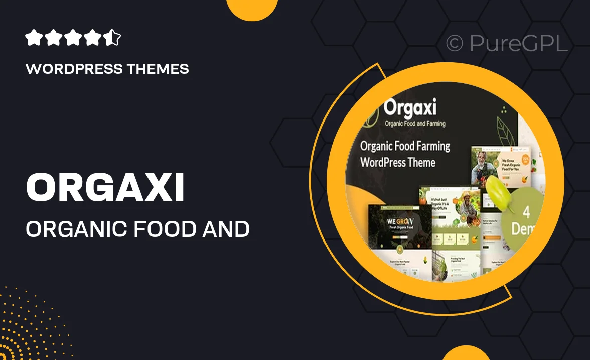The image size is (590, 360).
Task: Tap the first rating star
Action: (x=33, y=38)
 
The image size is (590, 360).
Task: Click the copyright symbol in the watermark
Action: (x=455, y=44)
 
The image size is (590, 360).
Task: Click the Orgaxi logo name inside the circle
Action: (x=410, y=108)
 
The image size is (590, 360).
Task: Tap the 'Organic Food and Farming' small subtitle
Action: (x=414, y=123)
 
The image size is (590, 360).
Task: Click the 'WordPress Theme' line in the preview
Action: (x=398, y=162)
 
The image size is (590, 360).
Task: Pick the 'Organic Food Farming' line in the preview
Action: (x=405, y=146)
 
